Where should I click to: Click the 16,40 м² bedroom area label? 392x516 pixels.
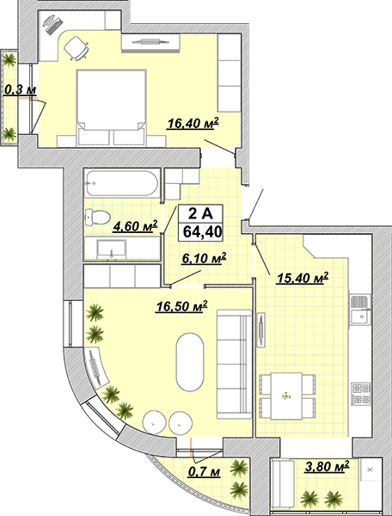[193, 123]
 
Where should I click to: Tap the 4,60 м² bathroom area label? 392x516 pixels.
[135, 226]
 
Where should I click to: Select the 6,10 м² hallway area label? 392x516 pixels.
[204, 258]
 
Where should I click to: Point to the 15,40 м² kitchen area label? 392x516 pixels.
[303, 278]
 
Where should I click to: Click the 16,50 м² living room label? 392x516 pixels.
[181, 306]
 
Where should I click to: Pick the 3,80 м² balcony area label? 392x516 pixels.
[327, 466]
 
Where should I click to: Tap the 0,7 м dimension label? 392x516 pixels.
[204, 472]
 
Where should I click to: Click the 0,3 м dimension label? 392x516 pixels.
[20, 89]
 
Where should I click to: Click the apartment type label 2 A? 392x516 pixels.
[200, 214]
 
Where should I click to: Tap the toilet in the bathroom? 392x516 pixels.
[97, 218]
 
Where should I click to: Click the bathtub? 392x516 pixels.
[122, 183]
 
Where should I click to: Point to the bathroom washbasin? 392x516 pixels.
[111, 249]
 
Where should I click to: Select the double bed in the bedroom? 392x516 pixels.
[111, 107]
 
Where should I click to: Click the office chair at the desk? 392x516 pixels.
[77, 48]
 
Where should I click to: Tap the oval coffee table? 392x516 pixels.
[190, 362]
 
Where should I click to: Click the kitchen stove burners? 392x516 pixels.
[361, 394]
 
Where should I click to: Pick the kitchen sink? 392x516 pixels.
[360, 310]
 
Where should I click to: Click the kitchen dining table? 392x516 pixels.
[286, 396]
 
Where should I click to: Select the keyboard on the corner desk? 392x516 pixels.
[55, 26]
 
